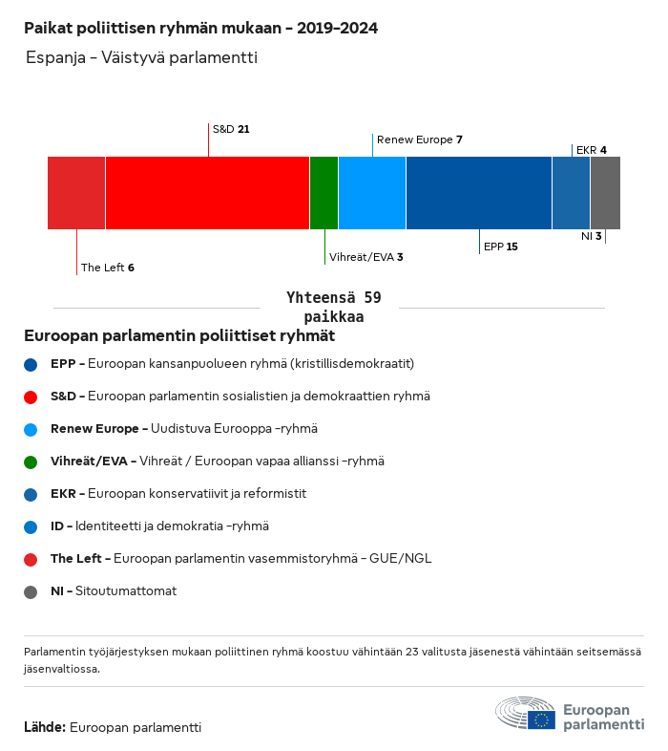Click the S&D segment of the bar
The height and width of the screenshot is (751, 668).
coord(207,193)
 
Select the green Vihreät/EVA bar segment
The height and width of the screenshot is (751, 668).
coord(324,193)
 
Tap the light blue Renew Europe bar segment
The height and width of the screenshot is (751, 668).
coord(372,193)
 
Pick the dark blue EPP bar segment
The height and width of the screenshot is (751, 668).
coord(479,193)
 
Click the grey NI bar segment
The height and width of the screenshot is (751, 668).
coord(605,193)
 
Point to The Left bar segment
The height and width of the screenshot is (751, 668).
coord(76,193)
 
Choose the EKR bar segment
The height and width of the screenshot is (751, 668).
coord(571,193)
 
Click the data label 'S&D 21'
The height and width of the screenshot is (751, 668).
coord(231,128)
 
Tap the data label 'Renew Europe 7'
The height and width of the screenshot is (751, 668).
coord(419,139)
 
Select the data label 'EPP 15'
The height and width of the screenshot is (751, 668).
coord(501,247)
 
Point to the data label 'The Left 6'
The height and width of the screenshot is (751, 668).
coord(107,268)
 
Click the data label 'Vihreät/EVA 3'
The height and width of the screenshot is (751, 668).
coord(365,257)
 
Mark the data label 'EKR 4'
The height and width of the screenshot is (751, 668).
coord(591,150)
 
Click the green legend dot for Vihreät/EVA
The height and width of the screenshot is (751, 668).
coord(31,461)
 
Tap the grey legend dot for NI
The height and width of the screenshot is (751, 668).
coord(31,591)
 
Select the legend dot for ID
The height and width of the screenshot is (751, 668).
coord(31,526)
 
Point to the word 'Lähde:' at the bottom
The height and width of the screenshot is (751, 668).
coord(45,727)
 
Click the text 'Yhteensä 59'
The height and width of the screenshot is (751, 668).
coord(333,298)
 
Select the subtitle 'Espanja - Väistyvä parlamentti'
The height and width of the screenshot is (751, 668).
coord(141,58)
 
